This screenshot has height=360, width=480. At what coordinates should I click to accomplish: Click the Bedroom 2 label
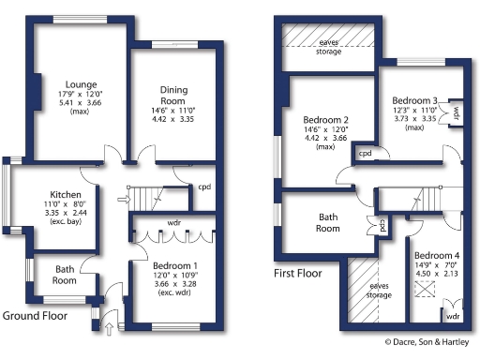326,121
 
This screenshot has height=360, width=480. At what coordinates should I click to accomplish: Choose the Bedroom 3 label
415,100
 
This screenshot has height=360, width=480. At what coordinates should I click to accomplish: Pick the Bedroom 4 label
437,255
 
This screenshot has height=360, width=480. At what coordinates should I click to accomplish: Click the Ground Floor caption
39,317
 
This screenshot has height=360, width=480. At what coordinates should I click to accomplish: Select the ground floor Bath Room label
64,274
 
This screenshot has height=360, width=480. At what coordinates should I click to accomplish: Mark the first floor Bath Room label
327,222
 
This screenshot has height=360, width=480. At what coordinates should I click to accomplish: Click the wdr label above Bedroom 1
173,224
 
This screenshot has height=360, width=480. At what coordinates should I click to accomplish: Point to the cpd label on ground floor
203,186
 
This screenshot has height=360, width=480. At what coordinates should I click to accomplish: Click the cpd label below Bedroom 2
365,153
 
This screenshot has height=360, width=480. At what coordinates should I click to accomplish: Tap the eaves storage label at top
328,46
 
